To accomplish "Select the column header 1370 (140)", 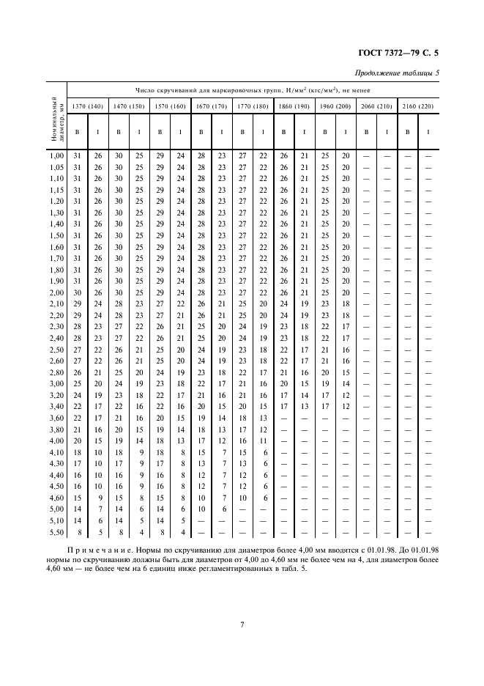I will coord(86,107).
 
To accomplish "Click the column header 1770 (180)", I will coord(253,107).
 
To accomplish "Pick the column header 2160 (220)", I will coord(418,107).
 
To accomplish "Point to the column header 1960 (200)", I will coord(335,107).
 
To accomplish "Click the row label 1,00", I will coord(56,155).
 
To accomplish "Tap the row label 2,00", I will coord(56,292).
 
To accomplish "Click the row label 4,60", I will coord(56,497).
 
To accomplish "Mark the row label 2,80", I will coord(56,372).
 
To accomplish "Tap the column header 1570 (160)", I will coord(170,107).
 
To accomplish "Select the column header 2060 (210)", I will coord(376,107).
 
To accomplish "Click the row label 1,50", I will coord(56,235).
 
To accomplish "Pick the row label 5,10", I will coord(56,520).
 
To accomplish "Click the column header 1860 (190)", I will coord(294,107).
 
